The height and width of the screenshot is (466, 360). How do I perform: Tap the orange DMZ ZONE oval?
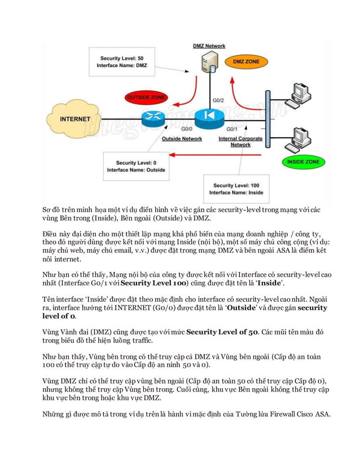pos(247,60)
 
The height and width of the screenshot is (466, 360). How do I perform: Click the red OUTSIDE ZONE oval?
pos(145,97)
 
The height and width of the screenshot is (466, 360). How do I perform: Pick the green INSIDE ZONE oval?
pos(303,162)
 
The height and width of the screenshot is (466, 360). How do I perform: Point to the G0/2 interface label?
pos(218,100)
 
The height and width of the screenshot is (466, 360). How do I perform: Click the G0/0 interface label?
pos(187,129)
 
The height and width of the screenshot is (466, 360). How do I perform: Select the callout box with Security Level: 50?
pos(122,62)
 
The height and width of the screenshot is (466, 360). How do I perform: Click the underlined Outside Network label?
pos(182,139)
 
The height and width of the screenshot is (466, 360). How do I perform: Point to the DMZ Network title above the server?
pos(209,46)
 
